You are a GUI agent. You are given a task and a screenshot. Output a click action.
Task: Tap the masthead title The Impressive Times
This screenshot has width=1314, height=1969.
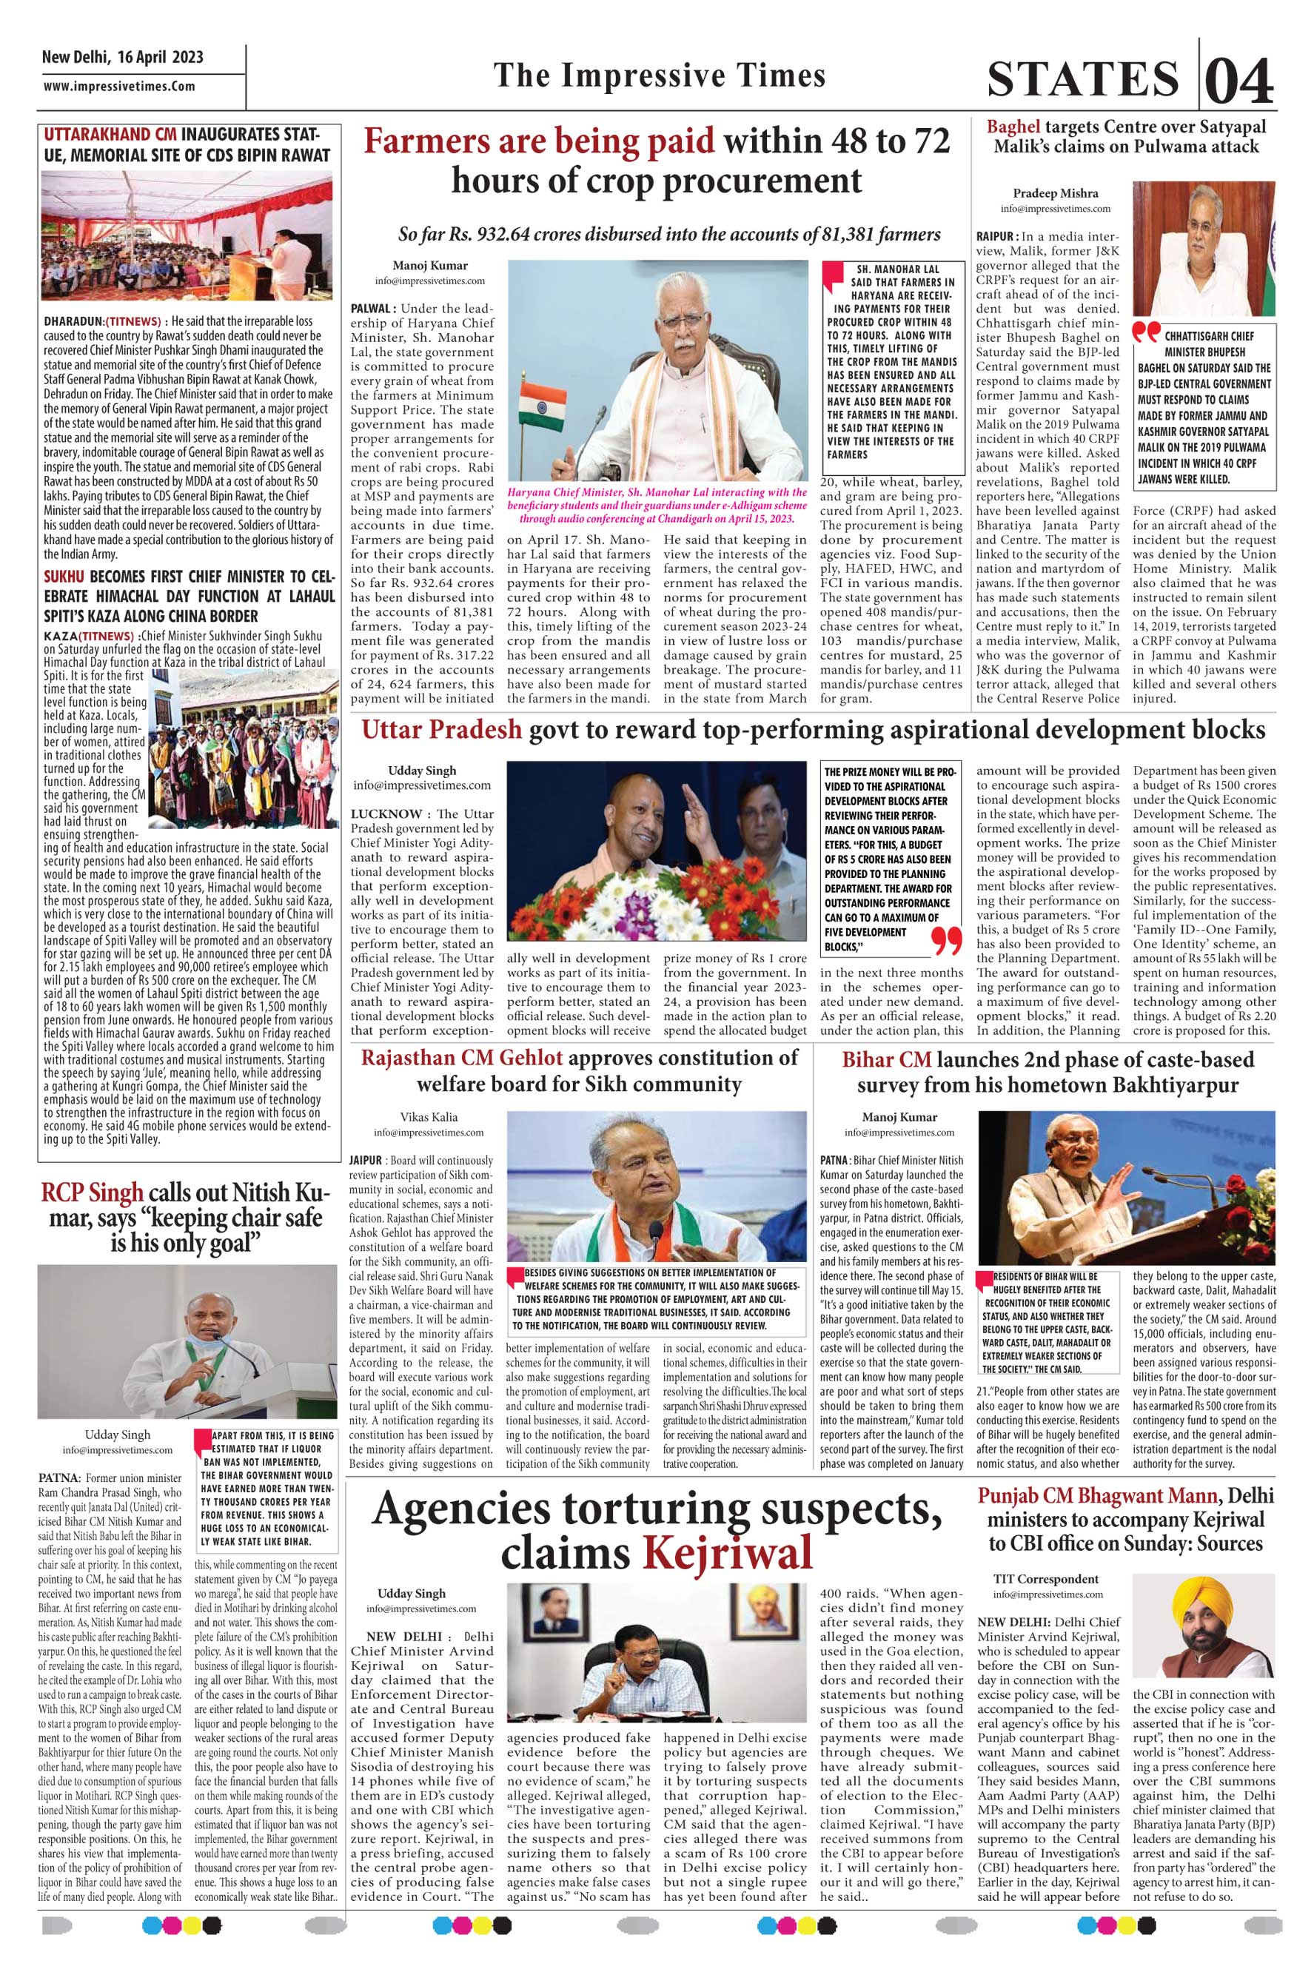(660, 76)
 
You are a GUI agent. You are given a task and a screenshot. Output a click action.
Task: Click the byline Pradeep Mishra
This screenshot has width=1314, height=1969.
(1054, 193)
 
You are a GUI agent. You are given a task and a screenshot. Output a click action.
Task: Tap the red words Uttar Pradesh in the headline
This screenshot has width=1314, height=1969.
(440, 731)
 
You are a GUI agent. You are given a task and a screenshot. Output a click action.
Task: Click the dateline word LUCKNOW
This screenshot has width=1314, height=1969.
(386, 814)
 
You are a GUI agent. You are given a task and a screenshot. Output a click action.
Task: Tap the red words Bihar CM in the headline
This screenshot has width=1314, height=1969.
(887, 1059)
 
